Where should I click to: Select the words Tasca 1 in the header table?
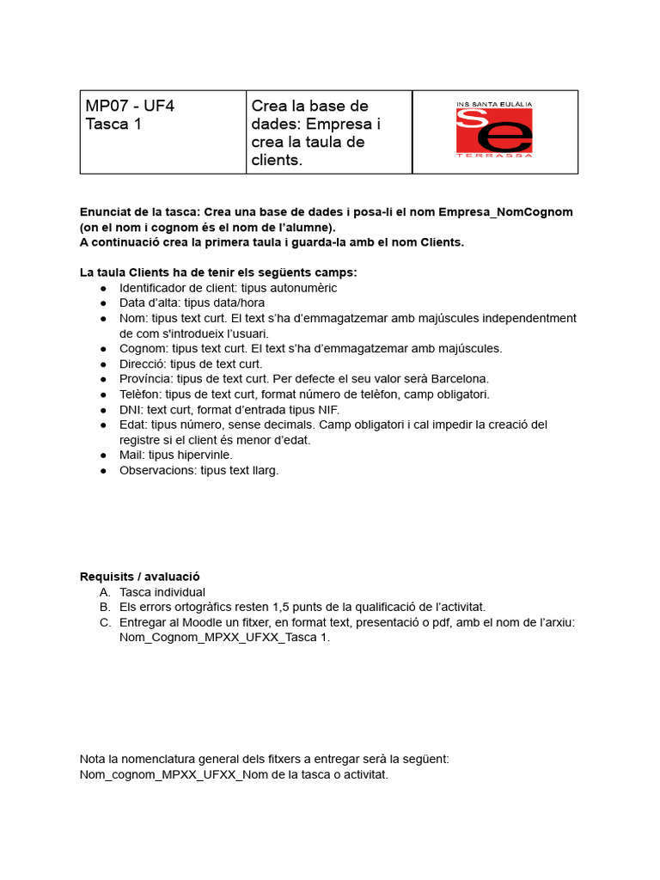click(113, 125)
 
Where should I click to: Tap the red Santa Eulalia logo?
click(494, 131)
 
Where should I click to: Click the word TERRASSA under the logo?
click(494, 156)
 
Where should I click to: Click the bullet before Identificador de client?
click(103, 289)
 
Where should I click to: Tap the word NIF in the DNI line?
click(327, 410)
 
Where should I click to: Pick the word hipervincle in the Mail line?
click(203, 455)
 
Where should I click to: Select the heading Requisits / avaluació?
click(140, 577)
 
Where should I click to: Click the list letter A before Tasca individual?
click(104, 592)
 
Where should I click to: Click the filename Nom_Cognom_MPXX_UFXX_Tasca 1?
click(224, 638)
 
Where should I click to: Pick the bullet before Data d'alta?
click(103, 303)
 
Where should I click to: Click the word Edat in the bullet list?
click(133, 425)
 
